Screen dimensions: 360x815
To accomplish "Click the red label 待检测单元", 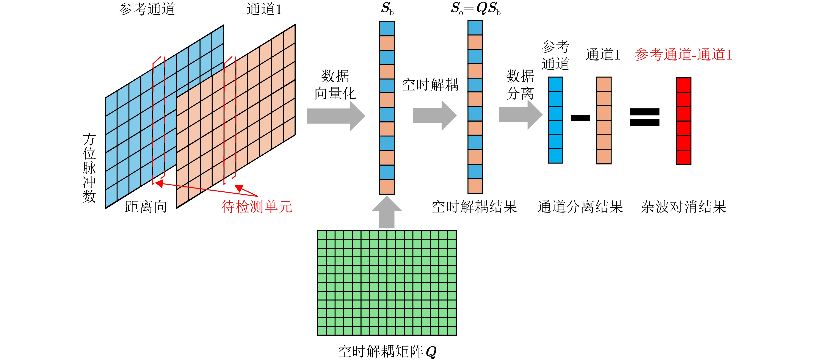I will coord(257,207).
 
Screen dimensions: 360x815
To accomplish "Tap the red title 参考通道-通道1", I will coord(683,55).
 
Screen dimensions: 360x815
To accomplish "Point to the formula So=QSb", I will coord(475,9).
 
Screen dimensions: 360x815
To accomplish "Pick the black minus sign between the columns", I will coord(580,118).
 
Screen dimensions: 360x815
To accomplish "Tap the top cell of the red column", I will coord(683,85).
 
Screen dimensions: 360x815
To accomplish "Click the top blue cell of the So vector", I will coord(475,28).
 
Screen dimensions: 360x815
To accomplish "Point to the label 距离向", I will coord(146,207).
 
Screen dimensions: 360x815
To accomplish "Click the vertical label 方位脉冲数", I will coord(89,168).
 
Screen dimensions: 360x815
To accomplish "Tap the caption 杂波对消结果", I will coord(683,207).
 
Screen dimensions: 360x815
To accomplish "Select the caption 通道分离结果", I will coord(580,207).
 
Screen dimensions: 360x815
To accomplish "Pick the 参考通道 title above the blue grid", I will coord(147,9).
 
